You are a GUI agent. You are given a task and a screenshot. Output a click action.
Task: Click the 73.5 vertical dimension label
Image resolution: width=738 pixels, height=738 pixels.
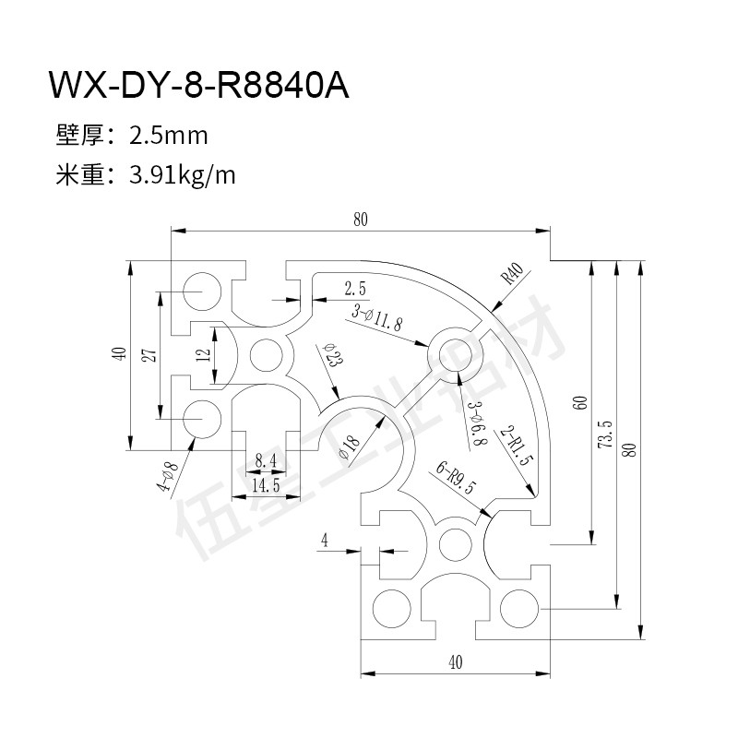[604, 434]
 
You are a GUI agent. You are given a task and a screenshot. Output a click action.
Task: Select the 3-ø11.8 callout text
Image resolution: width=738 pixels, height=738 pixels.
[377, 317]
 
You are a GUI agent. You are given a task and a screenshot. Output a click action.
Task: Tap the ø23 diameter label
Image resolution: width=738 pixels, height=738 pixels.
[332, 355]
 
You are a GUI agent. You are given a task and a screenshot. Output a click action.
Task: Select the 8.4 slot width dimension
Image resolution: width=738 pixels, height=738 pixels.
[265, 460]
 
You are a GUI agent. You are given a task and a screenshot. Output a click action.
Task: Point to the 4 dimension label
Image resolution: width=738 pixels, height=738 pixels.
[326, 540]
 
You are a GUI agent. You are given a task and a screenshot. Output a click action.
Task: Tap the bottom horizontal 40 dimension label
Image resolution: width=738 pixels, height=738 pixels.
[454, 661]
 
